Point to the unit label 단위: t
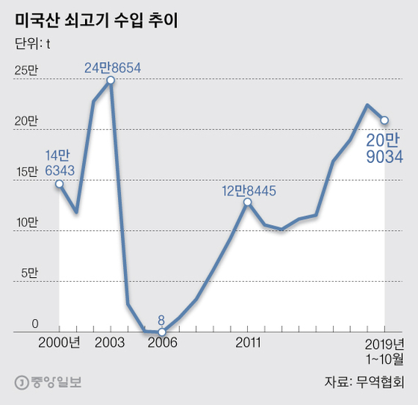coord(33,43)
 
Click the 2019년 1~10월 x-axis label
coord(384,350)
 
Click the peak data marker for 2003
coord(110,80)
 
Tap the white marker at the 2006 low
coord(161,332)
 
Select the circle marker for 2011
coord(247,201)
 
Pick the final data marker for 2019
coord(384,120)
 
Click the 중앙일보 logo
coord(49,383)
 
